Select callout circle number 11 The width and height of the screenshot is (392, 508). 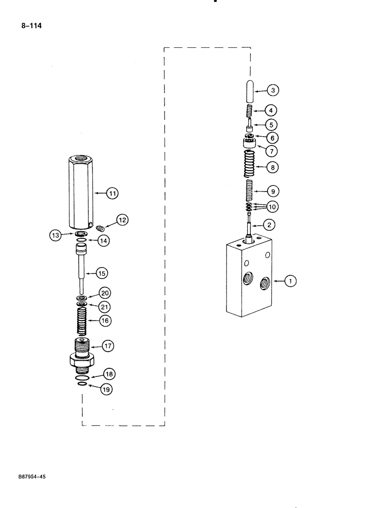click(x=112, y=193)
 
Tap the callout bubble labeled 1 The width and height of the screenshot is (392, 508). click(x=290, y=280)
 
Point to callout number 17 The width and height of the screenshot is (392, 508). click(x=108, y=346)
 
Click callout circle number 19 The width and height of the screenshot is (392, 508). click(x=106, y=389)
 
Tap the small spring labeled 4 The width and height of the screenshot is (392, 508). click(x=249, y=110)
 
